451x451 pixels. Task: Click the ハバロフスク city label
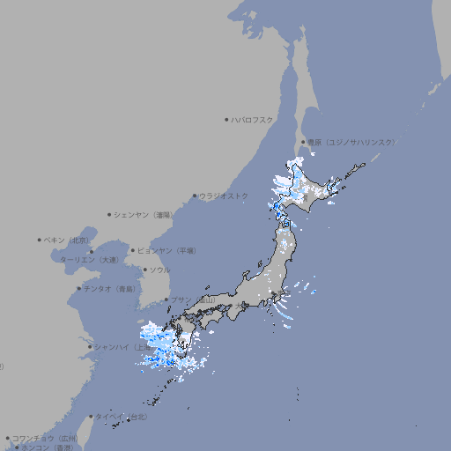[253, 119]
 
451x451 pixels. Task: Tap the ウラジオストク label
[224, 196]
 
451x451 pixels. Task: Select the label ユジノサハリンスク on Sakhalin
[351, 142]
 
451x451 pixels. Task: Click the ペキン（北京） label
[68, 240]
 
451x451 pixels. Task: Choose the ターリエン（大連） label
[88, 260]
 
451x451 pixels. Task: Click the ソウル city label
[159, 270]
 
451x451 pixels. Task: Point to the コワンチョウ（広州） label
[45, 438]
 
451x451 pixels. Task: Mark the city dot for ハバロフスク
[226, 119]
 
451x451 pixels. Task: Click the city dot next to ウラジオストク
[195, 196]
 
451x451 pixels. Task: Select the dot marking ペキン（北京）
[40, 240]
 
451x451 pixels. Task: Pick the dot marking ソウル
[144, 270]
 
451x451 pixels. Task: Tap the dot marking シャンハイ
[90, 346]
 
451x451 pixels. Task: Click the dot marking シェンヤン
[109, 214]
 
